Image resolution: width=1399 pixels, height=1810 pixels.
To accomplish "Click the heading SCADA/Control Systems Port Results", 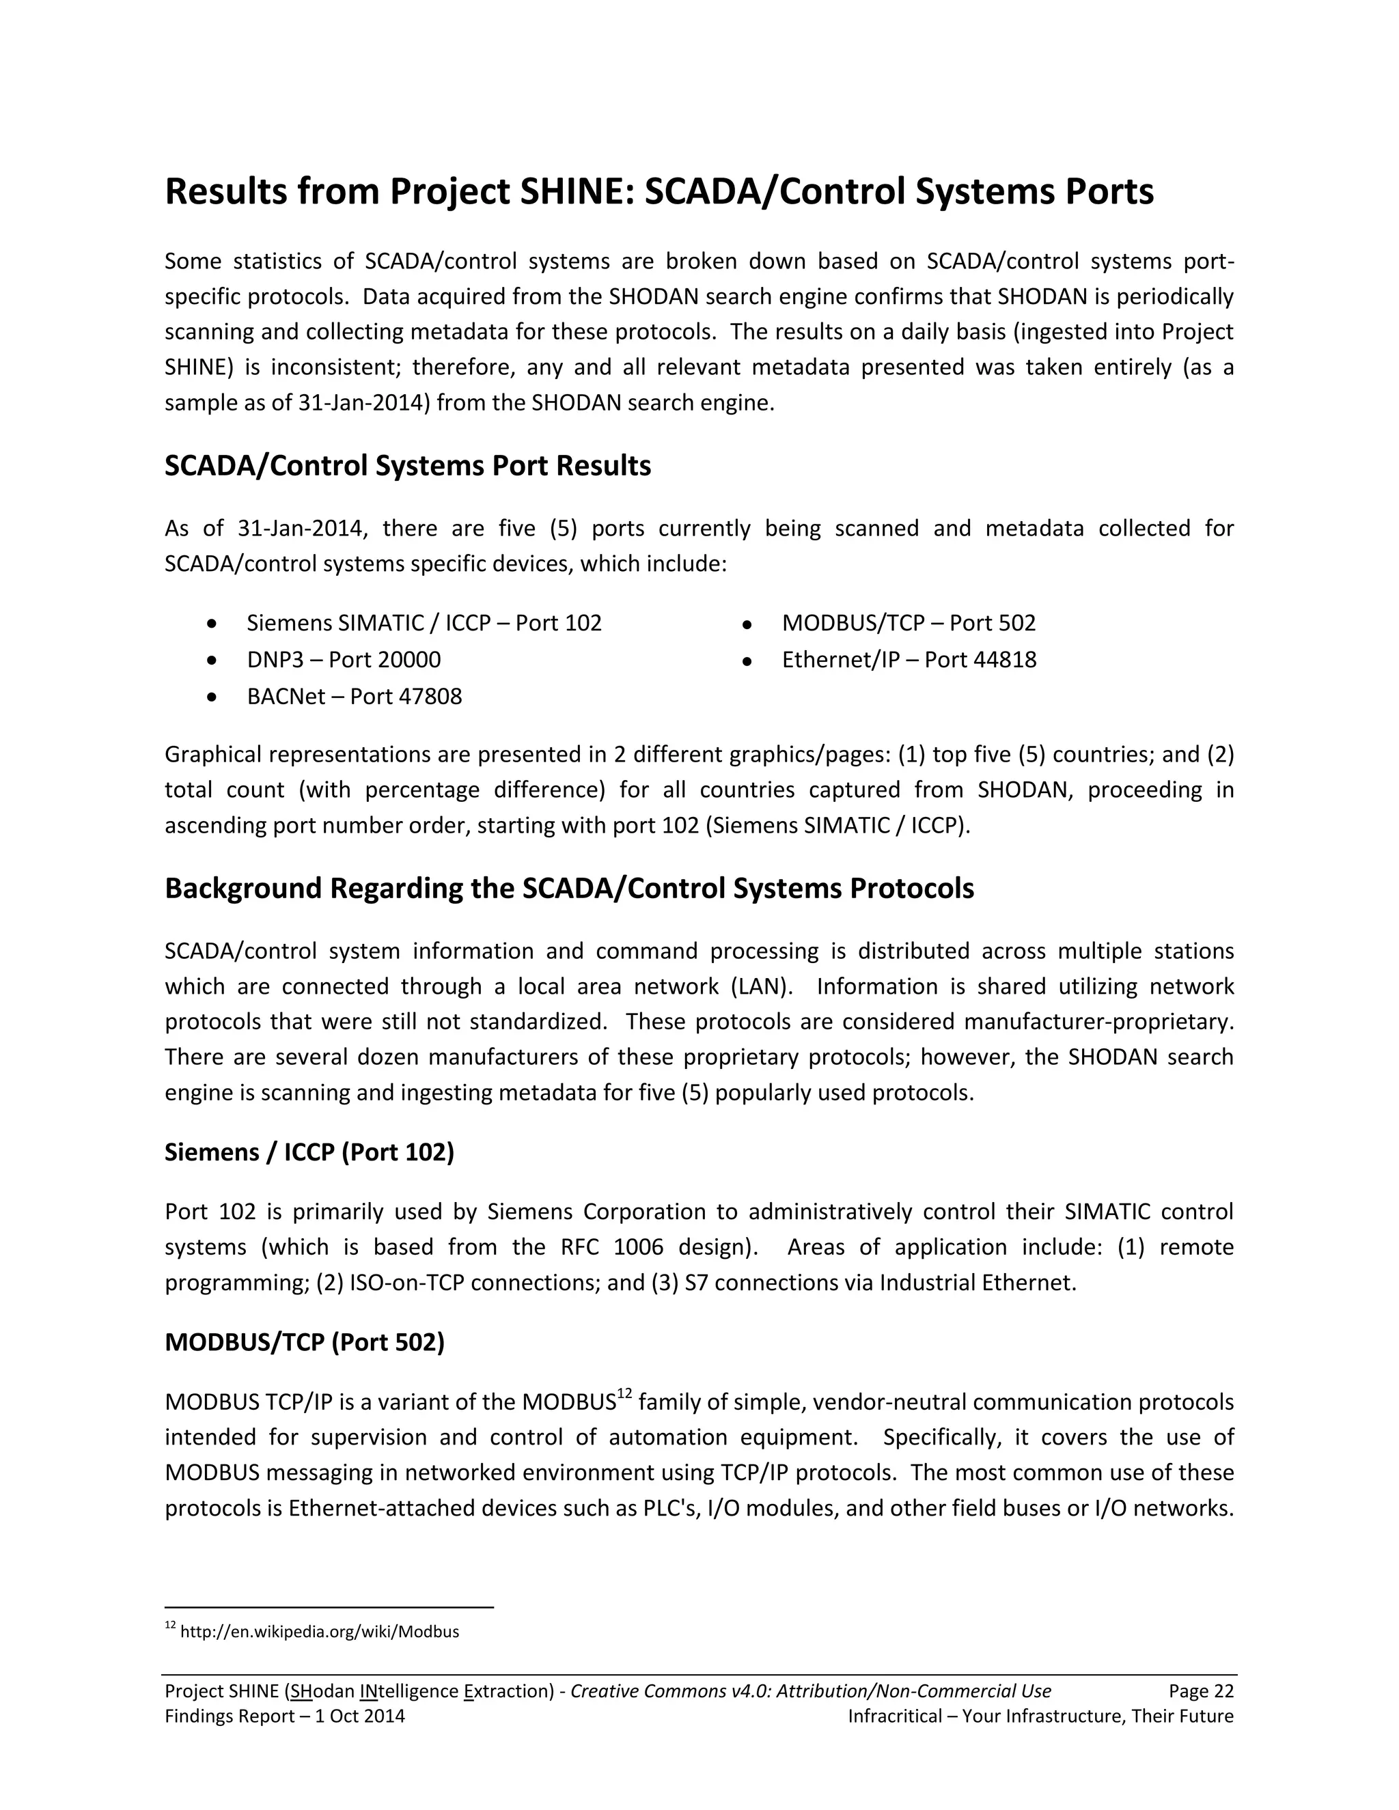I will [x=407, y=466].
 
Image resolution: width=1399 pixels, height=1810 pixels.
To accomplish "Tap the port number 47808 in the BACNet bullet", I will [x=430, y=696].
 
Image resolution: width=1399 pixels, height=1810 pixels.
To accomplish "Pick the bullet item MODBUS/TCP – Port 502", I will [x=909, y=623].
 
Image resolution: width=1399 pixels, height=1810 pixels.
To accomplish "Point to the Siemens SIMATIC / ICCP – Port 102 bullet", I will [x=424, y=623].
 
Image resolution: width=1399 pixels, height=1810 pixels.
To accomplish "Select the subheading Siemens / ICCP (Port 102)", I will [x=309, y=1152].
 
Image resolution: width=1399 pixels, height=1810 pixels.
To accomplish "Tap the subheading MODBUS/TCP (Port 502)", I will [x=304, y=1343].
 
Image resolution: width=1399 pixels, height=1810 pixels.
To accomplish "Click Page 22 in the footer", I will [x=1201, y=1691].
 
